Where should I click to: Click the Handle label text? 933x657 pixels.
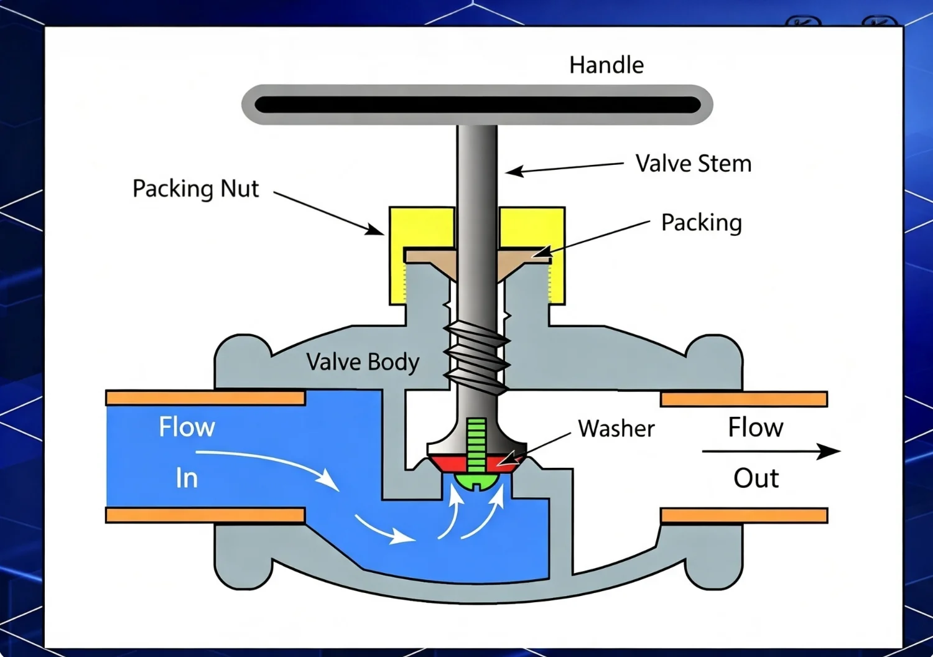tap(606, 65)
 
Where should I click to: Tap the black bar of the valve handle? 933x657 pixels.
tap(477, 105)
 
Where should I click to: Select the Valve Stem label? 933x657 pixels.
tap(694, 163)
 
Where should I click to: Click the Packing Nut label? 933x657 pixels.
tap(196, 189)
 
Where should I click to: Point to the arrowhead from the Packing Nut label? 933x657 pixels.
tap(375, 230)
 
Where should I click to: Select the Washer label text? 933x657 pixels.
tap(616, 428)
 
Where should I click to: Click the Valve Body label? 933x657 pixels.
tap(363, 362)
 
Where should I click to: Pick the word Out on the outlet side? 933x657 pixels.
tap(756, 478)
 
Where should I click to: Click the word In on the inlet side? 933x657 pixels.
tap(187, 478)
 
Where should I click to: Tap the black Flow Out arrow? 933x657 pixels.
tap(771, 451)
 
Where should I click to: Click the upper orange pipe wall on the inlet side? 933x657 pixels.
tap(205, 398)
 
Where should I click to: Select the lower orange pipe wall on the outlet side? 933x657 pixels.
tap(744, 515)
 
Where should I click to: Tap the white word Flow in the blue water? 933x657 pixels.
tap(187, 427)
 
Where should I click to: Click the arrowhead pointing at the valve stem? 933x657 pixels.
tap(514, 171)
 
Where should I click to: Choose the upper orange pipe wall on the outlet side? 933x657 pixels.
tap(744, 399)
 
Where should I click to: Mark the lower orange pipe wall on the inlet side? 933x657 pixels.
tap(205, 515)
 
